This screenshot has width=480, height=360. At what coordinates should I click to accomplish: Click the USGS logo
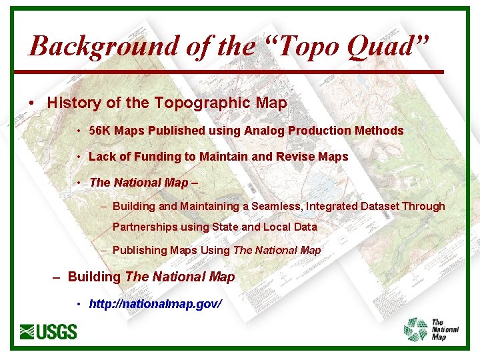point(49,331)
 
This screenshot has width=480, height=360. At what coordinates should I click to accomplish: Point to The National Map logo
point(432,329)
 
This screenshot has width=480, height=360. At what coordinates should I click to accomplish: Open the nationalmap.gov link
point(155,304)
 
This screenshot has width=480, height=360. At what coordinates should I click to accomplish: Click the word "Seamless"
point(276,207)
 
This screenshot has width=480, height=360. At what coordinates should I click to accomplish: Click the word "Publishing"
point(139,251)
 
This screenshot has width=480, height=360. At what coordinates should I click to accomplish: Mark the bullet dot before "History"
point(32,104)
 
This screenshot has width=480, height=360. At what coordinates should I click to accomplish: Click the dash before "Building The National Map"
point(57,277)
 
